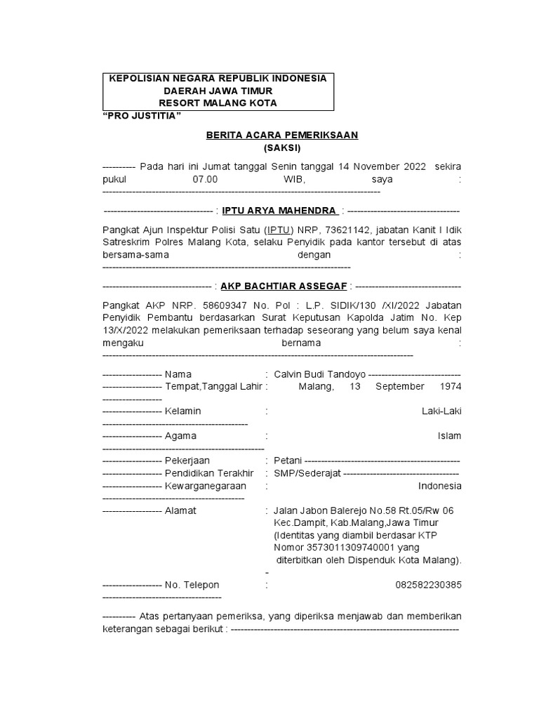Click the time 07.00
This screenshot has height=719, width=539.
point(206,179)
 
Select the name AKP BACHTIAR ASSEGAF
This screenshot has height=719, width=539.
point(284,286)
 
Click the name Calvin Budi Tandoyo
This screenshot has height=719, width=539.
point(320,374)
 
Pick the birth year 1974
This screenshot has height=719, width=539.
point(451,386)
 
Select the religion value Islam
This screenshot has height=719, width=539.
point(450,436)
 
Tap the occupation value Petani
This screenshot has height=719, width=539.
point(288,461)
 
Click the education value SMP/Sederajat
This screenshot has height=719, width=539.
point(307,473)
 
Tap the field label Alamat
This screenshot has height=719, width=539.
point(180,510)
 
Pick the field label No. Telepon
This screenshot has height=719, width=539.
point(192,585)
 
